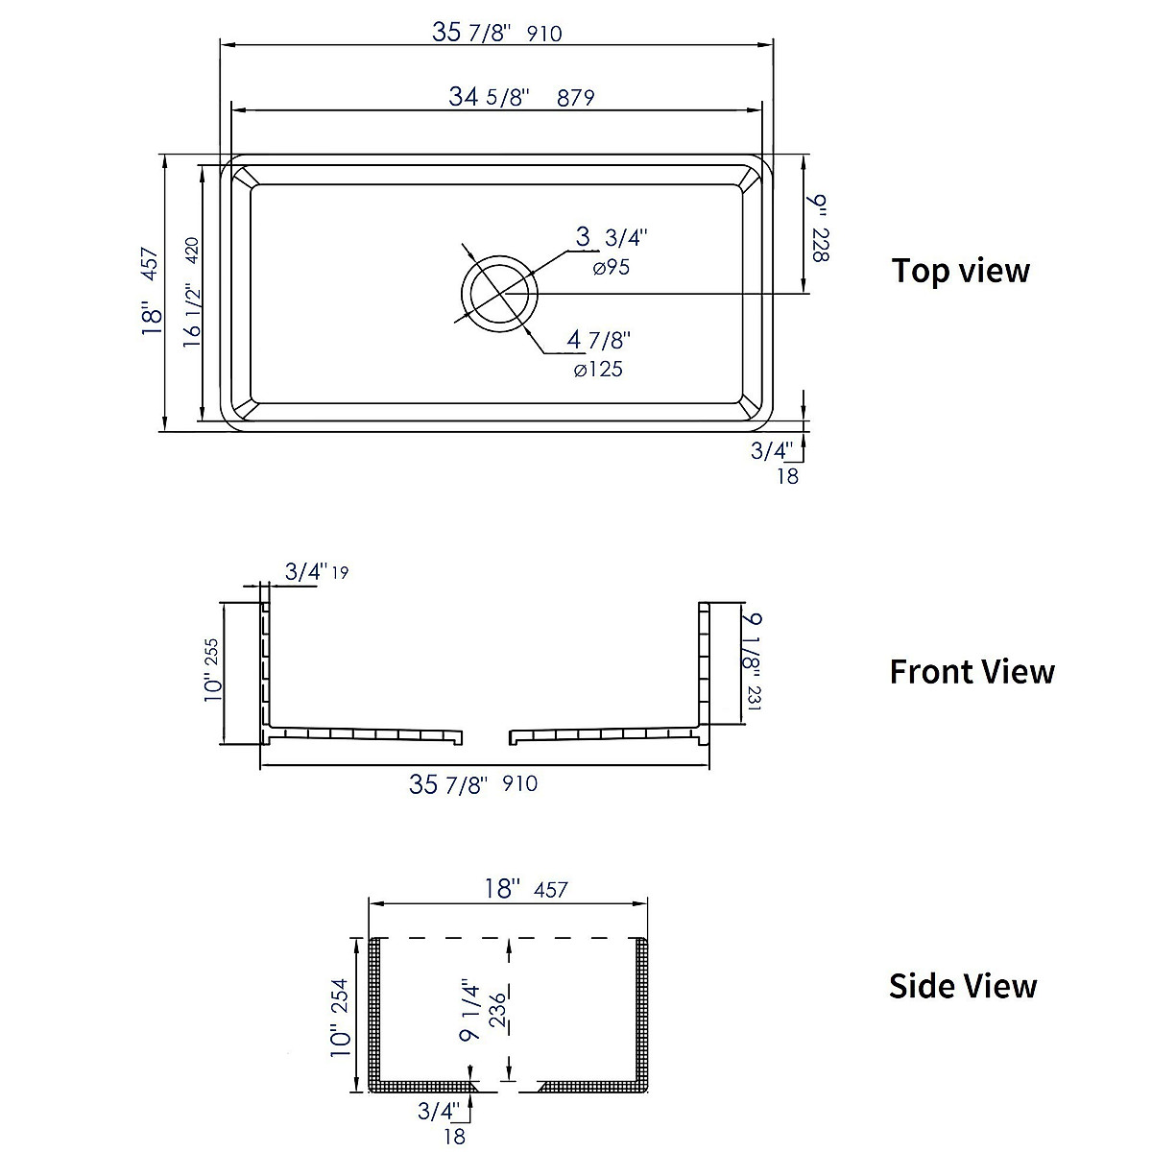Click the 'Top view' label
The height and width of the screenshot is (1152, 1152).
click(960, 271)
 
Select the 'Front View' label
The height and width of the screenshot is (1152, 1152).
click(972, 671)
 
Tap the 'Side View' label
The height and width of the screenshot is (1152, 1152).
click(963, 986)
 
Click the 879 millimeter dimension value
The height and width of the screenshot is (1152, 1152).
click(575, 97)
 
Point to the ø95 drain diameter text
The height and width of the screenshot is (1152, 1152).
click(611, 268)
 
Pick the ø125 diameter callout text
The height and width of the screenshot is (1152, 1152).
click(598, 369)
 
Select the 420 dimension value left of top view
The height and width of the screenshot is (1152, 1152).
click(191, 251)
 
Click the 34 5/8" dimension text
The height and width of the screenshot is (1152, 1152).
click(490, 97)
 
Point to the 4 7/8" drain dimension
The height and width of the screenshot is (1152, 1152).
click(598, 340)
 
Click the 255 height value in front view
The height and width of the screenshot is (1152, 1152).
click(213, 658)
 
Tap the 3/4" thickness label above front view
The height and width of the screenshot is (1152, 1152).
click(306, 572)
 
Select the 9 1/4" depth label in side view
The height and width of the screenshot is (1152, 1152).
click(468, 1010)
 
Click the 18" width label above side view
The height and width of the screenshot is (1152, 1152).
click(502, 888)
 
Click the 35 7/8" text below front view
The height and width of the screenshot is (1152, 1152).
click(449, 784)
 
